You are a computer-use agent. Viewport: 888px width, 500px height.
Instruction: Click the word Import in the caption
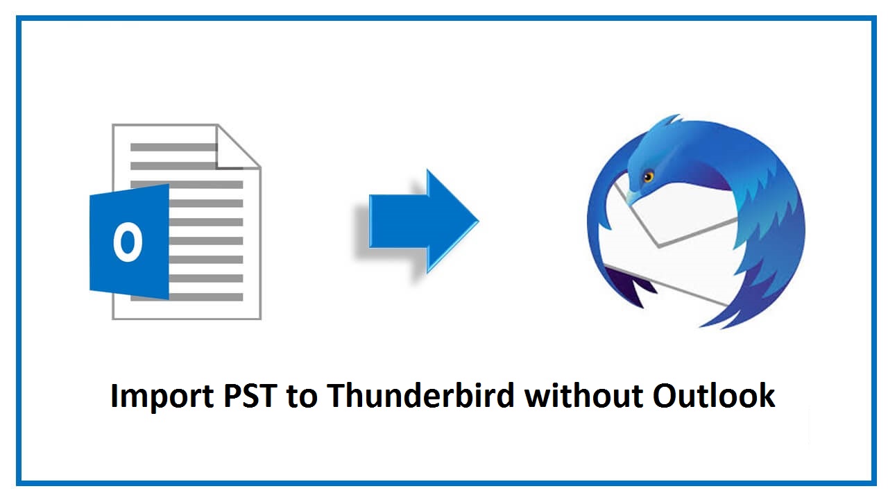click(x=162, y=397)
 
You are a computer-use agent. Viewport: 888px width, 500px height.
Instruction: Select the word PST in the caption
click(x=250, y=396)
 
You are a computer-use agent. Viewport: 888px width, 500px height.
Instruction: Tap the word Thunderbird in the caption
click(x=420, y=395)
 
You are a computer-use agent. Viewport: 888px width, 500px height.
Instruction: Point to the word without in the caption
click(x=583, y=395)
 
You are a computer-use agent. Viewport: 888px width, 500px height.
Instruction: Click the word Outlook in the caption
click(x=714, y=395)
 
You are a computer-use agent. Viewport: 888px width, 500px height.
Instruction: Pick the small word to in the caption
click(x=302, y=397)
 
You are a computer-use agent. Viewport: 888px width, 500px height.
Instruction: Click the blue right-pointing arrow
click(x=424, y=222)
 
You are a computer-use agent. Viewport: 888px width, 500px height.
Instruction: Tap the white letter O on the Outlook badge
click(x=128, y=242)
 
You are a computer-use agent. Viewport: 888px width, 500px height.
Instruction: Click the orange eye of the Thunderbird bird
click(x=649, y=176)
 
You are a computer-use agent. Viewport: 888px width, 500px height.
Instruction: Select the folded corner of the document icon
click(x=238, y=147)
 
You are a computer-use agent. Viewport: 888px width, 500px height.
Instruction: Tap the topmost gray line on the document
click(x=173, y=147)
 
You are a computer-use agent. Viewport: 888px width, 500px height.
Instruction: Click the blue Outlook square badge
click(x=130, y=242)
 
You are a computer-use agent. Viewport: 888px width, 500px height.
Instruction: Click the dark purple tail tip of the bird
click(x=631, y=290)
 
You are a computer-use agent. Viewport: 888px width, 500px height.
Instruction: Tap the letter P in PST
click(x=232, y=396)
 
